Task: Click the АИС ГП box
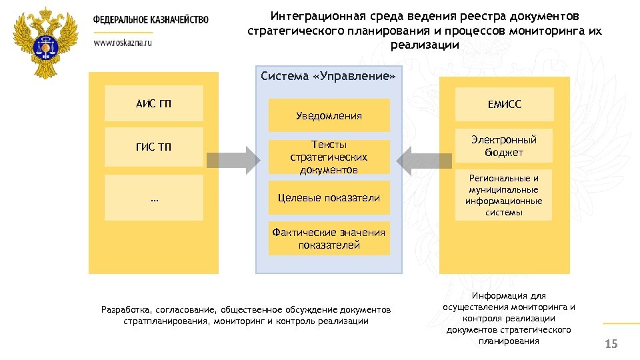coord(154,103)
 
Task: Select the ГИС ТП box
coord(154,147)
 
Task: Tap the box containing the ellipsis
coord(154,197)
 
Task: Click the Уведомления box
coord(329,115)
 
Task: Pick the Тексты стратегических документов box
coord(329,157)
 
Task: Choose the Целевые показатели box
coord(329,197)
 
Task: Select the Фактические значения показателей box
coord(329,238)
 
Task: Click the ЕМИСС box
coord(504,104)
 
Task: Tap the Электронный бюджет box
coord(504,146)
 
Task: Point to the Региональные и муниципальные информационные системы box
coord(504,195)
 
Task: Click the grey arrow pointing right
coord(233,160)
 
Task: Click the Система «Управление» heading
coord(329,77)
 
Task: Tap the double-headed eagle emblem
coord(45,43)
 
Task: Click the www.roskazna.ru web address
coord(123,41)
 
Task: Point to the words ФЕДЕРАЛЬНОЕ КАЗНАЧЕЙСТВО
coord(151,20)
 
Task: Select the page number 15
coord(611,344)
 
